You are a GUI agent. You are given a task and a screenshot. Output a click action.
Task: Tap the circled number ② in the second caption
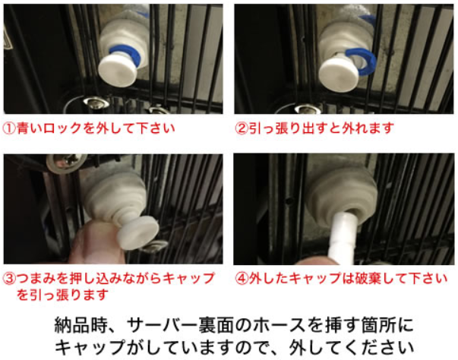(x=242, y=128)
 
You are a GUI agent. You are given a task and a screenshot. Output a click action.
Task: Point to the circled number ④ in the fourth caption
(x=242, y=278)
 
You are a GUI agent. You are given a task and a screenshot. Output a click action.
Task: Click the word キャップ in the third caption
(x=185, y=278)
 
